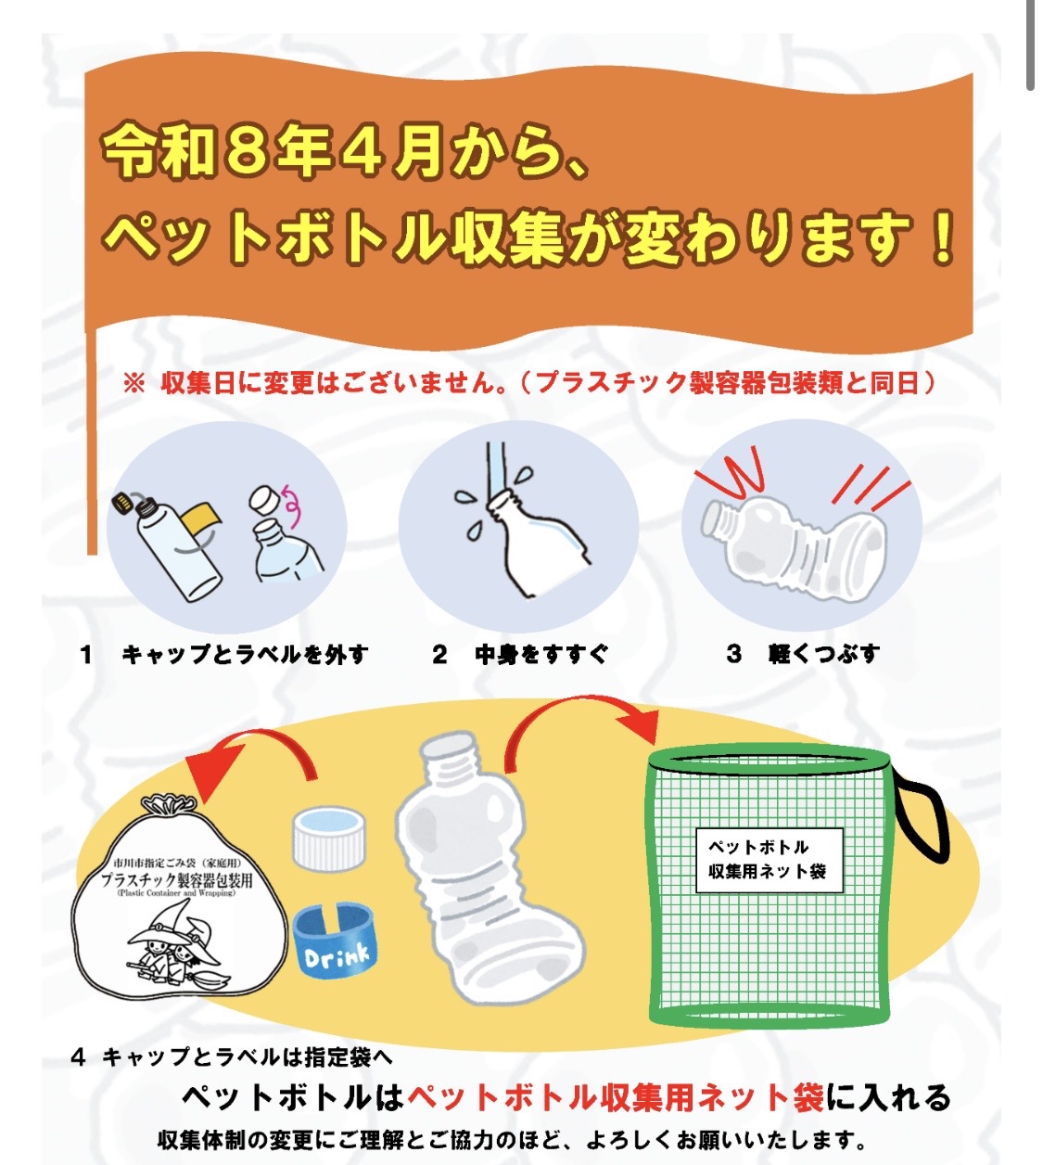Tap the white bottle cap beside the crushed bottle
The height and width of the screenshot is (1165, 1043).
tap(329, 838)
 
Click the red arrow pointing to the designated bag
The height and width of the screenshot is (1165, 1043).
tap(253, 748)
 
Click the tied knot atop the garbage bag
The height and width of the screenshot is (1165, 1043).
tap(170, 804)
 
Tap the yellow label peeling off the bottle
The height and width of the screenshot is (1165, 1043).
tap(203, 521)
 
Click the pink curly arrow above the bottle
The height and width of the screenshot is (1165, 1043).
tap(292, 506)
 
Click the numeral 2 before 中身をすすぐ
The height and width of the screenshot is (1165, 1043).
tap(439, 654)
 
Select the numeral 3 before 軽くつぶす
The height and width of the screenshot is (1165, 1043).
tap(734, 654)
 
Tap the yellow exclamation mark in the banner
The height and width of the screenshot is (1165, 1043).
tap(941, 237)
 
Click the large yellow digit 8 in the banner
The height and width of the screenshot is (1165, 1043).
tap(245, 150)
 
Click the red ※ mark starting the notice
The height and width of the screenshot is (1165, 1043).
tap(134, 383)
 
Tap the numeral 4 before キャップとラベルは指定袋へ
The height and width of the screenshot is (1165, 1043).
tap(78, 1056)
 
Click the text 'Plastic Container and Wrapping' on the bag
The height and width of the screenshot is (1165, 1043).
tap(176, 893)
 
